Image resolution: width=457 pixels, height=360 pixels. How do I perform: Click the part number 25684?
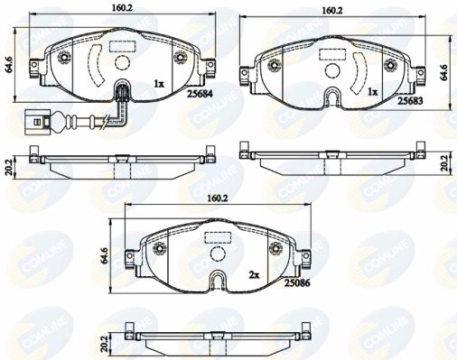click(200, 94)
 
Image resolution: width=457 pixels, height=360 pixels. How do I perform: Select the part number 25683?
click(410, 101)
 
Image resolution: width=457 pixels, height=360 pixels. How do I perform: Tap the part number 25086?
click(297, 282)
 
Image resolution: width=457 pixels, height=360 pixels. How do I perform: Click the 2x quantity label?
click(254, 274)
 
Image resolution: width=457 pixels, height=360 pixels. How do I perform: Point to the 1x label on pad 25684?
click(159, 84)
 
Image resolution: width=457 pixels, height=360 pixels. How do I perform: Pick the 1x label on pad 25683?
click(372, 92)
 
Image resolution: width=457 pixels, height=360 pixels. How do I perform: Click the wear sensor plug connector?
click(38, 122)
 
